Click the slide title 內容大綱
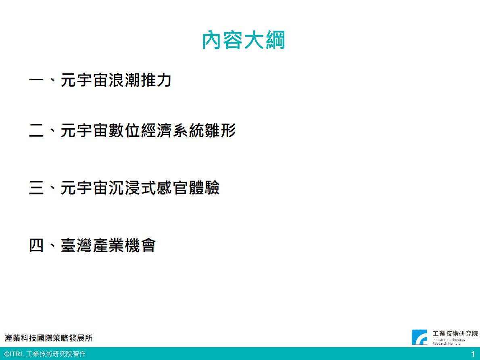(243, 40)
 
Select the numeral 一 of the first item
(36, 80)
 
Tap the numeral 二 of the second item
(36, 131)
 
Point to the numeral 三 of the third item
(36, 188)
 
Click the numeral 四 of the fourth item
(36, 245)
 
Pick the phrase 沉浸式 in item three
(132, 188)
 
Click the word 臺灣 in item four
(77, 245)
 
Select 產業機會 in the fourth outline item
(124, 245)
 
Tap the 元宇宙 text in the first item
(84, 80)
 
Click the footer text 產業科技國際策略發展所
(49, 338)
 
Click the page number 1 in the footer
(473, 354)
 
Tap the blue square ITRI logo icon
(419, 337)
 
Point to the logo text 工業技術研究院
(455, 333)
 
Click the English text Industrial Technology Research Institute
(449, 341)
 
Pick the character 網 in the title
(275, 40)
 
